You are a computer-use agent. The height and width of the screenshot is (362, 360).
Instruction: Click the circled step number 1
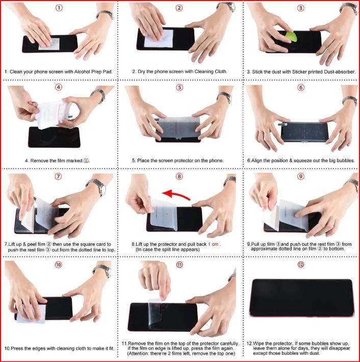tap(59, 8)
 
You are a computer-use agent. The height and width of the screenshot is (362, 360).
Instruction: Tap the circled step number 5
tap(179, 88)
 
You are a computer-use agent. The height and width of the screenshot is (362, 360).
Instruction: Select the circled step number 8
tap(179, 176)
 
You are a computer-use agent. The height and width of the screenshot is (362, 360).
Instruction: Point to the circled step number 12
tap(300, 265)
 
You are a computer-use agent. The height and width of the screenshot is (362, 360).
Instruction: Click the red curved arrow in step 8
tap(176, 194)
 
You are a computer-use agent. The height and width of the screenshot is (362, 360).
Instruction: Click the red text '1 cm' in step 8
tap(213, 244)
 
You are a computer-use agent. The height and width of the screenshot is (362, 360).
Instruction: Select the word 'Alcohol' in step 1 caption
tap(82, 72)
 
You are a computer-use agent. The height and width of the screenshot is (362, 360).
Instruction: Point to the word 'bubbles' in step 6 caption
tap(345, 161)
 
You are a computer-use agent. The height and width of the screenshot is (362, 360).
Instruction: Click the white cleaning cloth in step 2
tap(159, 39)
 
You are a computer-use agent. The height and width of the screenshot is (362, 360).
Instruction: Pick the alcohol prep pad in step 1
tap(49, 44)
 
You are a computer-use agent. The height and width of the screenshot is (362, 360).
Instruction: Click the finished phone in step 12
tap(301, 298)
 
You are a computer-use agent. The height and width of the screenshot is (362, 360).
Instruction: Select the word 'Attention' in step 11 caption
tap(138, 353)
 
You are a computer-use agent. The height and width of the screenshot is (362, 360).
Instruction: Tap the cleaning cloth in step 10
tap(31, 314)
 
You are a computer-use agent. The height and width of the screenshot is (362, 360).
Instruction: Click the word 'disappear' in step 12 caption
tap(339, 348)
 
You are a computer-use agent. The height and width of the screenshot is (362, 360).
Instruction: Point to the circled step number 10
tap(59, 265)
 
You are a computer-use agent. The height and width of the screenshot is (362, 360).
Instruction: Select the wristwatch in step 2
tap(226, 7)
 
